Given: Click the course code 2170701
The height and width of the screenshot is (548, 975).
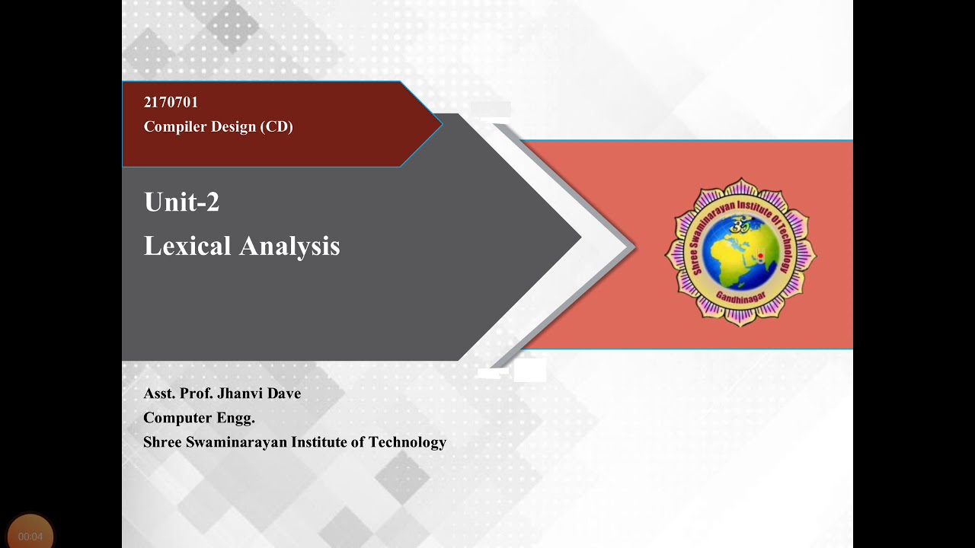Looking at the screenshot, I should (x=171, y=103).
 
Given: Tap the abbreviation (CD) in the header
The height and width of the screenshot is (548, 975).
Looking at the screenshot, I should (x=277, y=127).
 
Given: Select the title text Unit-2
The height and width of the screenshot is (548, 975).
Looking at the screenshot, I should (x=181, y=202).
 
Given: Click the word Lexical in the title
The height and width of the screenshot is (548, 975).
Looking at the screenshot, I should (x=187, y=246).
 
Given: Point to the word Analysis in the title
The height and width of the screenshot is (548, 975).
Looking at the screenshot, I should (x=289, y=246).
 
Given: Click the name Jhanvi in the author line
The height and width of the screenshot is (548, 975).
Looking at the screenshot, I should (x=239, y=393).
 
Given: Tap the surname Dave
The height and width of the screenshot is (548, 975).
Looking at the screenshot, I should (x=283, y=393).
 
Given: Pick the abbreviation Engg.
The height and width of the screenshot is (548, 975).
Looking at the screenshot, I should (x=237, y=418).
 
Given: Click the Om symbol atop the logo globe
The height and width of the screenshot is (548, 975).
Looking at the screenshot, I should (x=740, y=225).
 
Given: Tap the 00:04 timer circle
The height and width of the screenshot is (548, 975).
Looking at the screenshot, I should (x=30, y=535).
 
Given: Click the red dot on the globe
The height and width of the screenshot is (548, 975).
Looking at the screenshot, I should (x=759, y=255).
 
